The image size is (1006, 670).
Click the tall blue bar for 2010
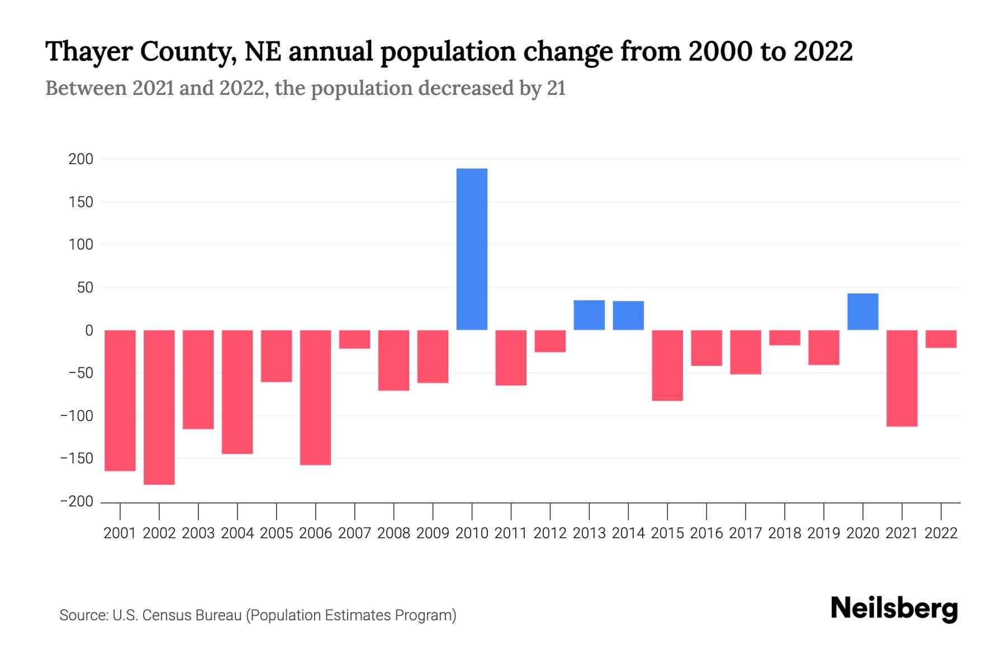point(472,249)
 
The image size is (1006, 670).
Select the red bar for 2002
point(159,407)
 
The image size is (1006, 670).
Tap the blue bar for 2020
point(862,312)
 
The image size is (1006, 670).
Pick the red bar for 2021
point(901,378)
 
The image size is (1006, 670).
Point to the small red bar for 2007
point(354,339)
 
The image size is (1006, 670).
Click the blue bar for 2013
point(589,315)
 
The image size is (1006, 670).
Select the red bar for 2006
point(315,397)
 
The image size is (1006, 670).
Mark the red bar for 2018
point(784,338)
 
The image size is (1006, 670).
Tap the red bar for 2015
point(667,365)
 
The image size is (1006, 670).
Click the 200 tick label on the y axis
point(80,159)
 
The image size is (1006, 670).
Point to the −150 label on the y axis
point(77,458)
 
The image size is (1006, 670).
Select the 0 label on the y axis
point(89,331)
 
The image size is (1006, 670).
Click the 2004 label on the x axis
point(238,533)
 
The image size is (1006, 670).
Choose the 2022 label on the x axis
point(941,533)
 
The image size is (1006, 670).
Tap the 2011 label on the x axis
point(511,533)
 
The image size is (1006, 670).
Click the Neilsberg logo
point(894,609)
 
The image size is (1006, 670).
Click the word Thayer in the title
point(88,51)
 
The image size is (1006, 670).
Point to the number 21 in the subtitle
point(556,88)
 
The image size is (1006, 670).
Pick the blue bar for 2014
point(628,315)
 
